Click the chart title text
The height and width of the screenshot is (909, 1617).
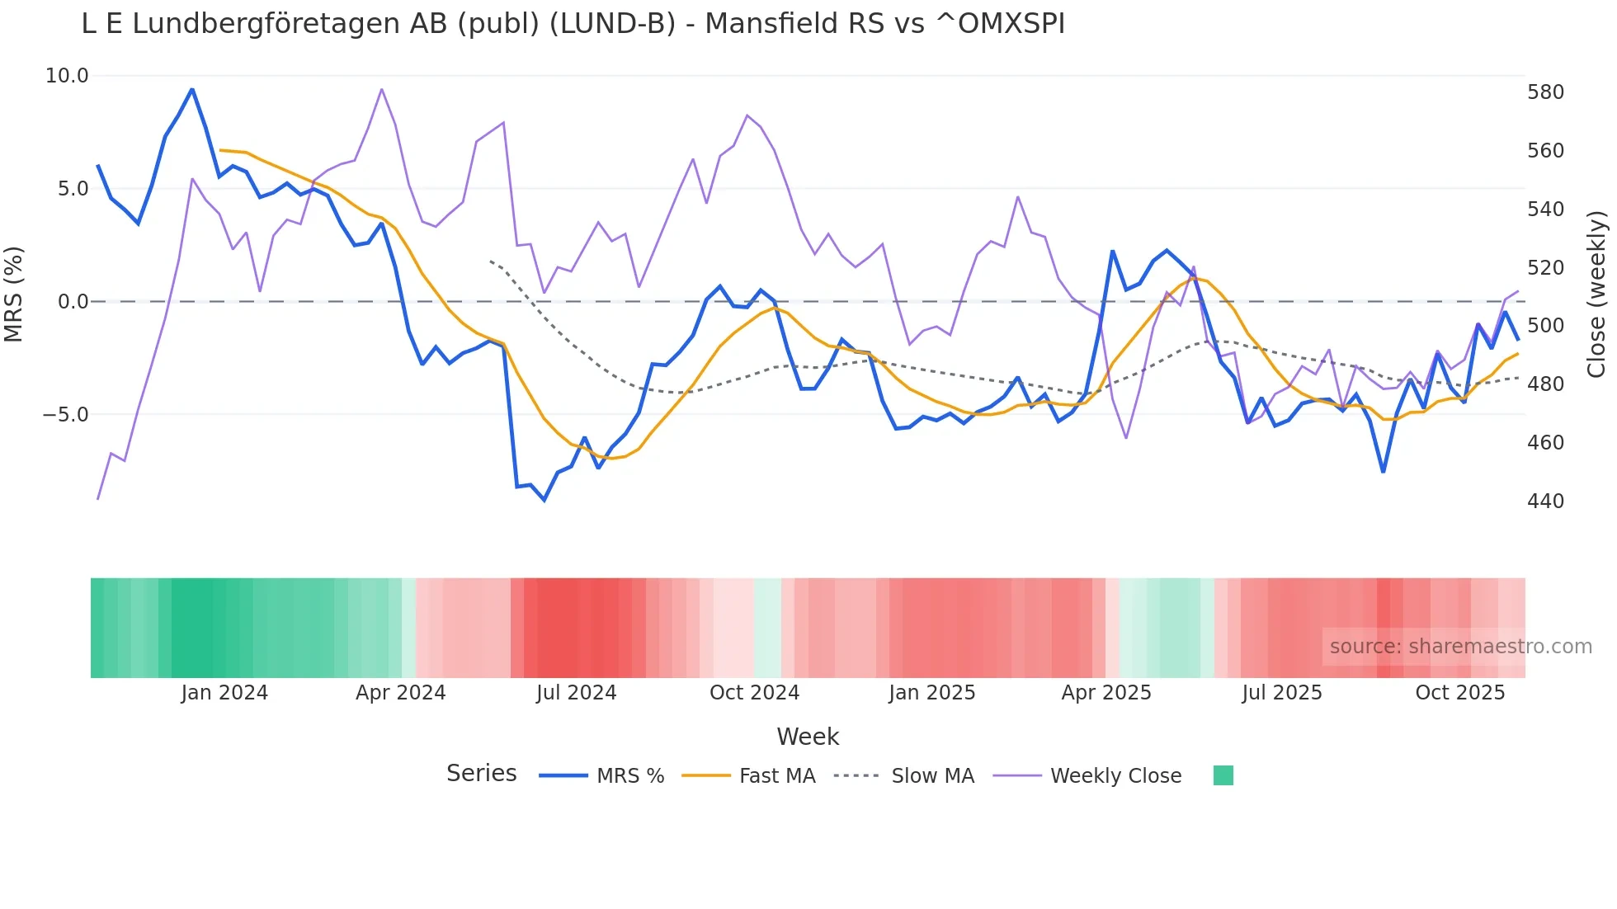click(x=573, y=24)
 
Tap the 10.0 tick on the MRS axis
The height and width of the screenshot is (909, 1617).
click(x=67, y=76)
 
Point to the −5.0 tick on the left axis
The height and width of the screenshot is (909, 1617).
click(x=65, y=415)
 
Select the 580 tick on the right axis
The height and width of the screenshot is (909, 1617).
click(x=1545, y=92)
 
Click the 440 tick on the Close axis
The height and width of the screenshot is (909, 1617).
click(x=1545, y=502)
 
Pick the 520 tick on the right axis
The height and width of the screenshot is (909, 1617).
click(x=1545, y=268)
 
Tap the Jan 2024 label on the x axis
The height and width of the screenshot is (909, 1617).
click(x=224, y=693)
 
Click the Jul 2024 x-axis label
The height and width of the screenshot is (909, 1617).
click(x=576, y=693)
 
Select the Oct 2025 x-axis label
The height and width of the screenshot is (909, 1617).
click(x=1459, y=693)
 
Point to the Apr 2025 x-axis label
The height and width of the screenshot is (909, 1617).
click(x=1105, y=693)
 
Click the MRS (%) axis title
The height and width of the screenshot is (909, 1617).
click(x=14, y=294)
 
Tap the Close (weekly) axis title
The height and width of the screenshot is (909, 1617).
click(x=1596, y=294)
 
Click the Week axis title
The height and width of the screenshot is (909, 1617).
click(x=807, y=737)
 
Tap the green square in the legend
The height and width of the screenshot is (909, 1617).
click(x=1223, y=775)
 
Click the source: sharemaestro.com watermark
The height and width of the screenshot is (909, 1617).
click(x=1460, y=647)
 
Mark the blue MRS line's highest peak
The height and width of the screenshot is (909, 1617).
click(x=192, y=89)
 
